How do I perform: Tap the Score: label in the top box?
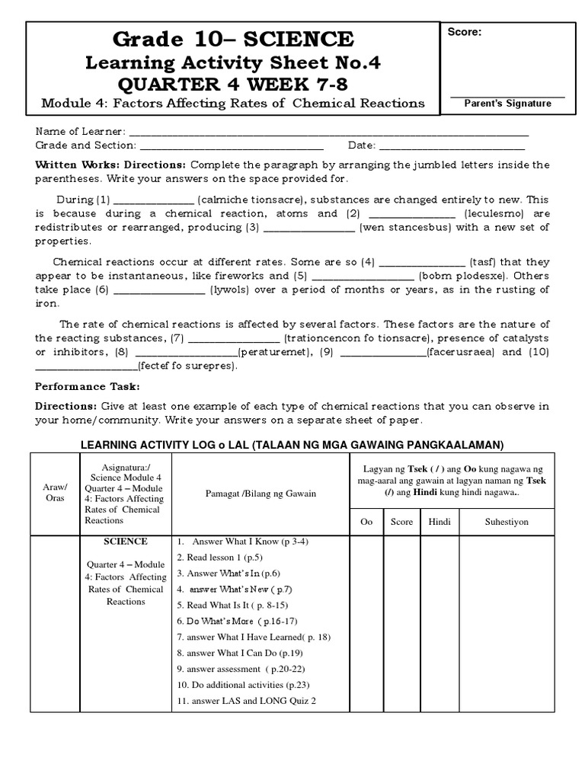pos(464,33)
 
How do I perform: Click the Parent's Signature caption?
pos(508,104)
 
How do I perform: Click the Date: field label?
pos(362,145)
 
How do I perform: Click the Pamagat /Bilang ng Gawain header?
pos(261,494)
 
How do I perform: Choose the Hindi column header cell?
pos(440,522)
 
